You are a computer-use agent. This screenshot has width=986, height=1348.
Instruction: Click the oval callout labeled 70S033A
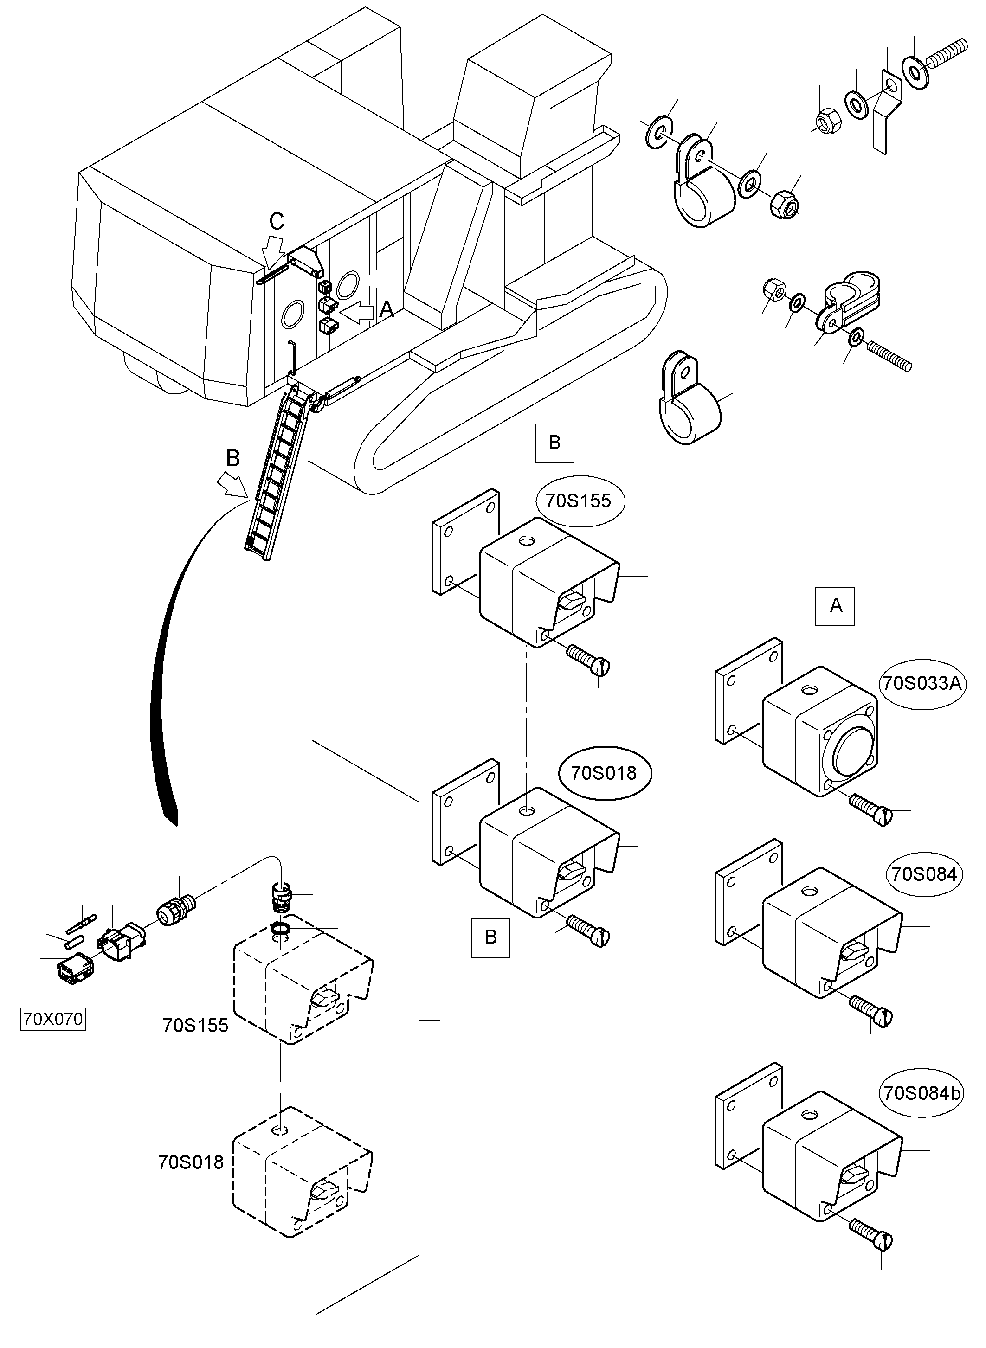[x=922, y=683]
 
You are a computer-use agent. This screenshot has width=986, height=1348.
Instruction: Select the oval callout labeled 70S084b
[x=922, y=1094]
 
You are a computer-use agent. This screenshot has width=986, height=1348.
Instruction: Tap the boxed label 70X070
[x=52, y=1019]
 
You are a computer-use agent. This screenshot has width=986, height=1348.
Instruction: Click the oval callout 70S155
[x=578, y=501]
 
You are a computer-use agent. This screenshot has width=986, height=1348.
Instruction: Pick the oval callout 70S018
[x=604, y=773]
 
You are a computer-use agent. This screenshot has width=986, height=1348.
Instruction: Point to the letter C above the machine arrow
[x=277, y=221]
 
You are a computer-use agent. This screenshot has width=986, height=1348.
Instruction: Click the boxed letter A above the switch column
[x=835, y=606]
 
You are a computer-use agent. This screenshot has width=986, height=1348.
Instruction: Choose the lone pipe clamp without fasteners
[x=690, y=400]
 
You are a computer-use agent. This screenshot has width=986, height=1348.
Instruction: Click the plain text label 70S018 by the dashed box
[x=190, y=1162]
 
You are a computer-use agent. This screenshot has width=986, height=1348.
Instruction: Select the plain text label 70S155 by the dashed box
[x=195, y=1026]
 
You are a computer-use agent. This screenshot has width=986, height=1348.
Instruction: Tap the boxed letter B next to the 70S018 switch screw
[x=490, y=937]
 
